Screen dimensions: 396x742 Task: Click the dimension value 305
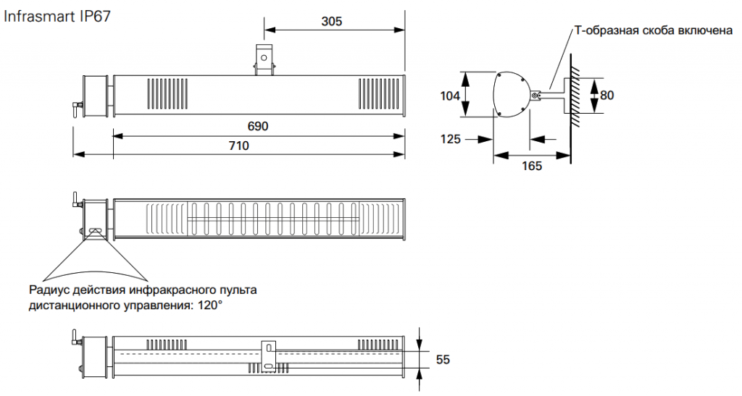pyautogui.click(x=331, y=21)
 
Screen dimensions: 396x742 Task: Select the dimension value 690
pyautogui.click(x=258, y=126)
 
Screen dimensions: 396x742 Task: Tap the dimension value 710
pyautogui.click(x=238, y=146)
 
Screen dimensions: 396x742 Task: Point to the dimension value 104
pyautogui.click(x=450, y=95)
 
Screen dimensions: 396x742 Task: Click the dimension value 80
pyautogui.click(x=606, y=95)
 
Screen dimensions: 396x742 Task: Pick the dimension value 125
pyautogui.click(x=450, y=139)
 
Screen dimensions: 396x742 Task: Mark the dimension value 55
pyautogui.click(x=442, y=360)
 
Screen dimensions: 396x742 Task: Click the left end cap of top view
pyautogui.click(x=96, y=95)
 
